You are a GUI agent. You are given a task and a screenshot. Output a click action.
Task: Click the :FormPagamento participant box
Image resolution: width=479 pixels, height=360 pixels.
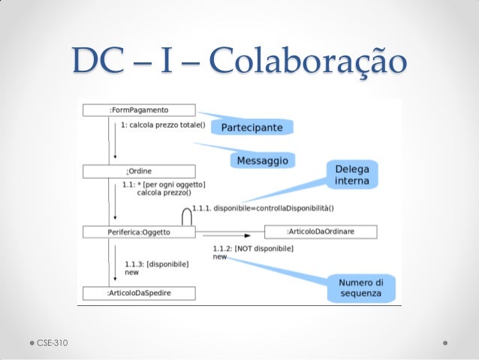pos(139,110)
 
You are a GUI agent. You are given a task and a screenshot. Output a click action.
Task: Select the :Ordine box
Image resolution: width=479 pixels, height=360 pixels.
pos(139,171)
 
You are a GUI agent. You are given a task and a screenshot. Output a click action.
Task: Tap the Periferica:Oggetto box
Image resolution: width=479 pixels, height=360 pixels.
pos(139,232)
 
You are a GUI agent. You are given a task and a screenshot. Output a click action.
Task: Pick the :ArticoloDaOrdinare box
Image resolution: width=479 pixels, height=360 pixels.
pos(321,231)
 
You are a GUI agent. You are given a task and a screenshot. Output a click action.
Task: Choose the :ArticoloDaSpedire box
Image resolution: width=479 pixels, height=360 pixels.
pos(139,293)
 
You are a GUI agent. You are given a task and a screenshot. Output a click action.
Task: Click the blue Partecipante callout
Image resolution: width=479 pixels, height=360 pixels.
pos(252,127)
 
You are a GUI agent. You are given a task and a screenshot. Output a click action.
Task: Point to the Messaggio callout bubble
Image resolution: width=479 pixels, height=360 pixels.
pos(263,161)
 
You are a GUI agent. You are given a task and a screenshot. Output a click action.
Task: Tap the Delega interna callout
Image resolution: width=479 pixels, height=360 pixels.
pos(352,174)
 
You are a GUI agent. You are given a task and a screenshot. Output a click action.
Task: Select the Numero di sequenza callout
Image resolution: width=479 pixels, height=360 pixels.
pos(361,288)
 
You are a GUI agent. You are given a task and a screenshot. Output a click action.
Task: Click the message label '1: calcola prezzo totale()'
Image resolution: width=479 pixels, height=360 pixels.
pos(163,125)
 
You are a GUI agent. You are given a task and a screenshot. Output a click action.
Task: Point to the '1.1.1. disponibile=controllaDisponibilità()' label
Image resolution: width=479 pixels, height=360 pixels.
pos(263,208)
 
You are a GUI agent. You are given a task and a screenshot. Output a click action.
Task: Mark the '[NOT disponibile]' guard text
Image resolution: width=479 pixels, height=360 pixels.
pos(264,248)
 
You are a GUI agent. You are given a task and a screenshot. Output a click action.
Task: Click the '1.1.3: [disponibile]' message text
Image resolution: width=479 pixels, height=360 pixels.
pos(157,264)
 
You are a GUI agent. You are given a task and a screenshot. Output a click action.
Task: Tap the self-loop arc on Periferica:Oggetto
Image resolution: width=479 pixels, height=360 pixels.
pos(187,209)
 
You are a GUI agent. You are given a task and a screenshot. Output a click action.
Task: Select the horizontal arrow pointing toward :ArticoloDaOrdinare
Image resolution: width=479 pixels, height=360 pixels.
pos(227,235)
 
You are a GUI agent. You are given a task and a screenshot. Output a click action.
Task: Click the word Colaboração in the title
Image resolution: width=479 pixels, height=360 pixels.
pos(308,61)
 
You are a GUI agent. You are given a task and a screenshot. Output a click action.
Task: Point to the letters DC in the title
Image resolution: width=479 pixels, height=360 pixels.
pos(98,59)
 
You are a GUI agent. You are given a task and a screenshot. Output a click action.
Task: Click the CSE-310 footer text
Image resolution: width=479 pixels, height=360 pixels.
pos(53,343)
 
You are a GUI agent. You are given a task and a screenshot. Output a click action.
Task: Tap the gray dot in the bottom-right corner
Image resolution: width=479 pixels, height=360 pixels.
pos(445,343)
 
